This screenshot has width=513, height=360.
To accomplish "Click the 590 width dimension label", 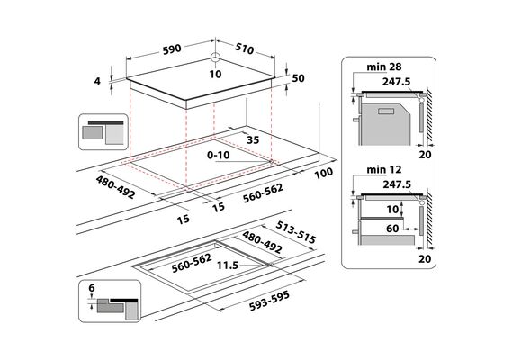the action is tap(172, 49).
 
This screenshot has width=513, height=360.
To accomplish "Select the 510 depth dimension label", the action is tap(244, 49).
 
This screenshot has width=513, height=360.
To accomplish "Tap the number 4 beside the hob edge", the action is tap(97, 81).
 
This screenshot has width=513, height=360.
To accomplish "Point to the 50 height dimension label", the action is tap(298, 78).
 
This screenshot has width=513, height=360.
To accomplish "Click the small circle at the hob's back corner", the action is tap(216, 58).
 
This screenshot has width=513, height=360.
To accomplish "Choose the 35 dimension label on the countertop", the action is tap(253, 140).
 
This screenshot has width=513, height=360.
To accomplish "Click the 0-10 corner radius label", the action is tap(218, 155).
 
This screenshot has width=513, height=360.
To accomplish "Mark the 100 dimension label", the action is tap(324, 173).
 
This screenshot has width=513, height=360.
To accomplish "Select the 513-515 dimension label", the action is tap(296, 232).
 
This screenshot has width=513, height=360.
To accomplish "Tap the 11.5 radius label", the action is tap(228, 265).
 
